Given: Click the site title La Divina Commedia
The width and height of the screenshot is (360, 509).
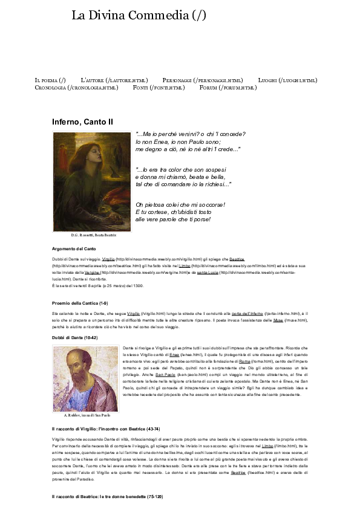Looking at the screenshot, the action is click(x=139, y=16).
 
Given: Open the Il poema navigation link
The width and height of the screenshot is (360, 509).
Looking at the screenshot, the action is click(x=50, y=80).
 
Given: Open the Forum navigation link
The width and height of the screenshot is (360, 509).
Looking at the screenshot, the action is click(x=228, y=88).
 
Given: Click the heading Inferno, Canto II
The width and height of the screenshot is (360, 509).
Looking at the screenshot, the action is click(x=82, y=122).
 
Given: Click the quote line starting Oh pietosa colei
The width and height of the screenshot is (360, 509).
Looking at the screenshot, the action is click(x=180, y=204).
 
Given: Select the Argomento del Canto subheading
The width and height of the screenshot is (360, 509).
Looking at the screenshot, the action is click(x=74, y=249).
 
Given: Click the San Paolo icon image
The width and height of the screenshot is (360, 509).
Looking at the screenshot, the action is click(x=85, y=378).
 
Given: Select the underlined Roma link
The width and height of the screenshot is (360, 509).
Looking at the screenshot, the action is click(x=245, y=361).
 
